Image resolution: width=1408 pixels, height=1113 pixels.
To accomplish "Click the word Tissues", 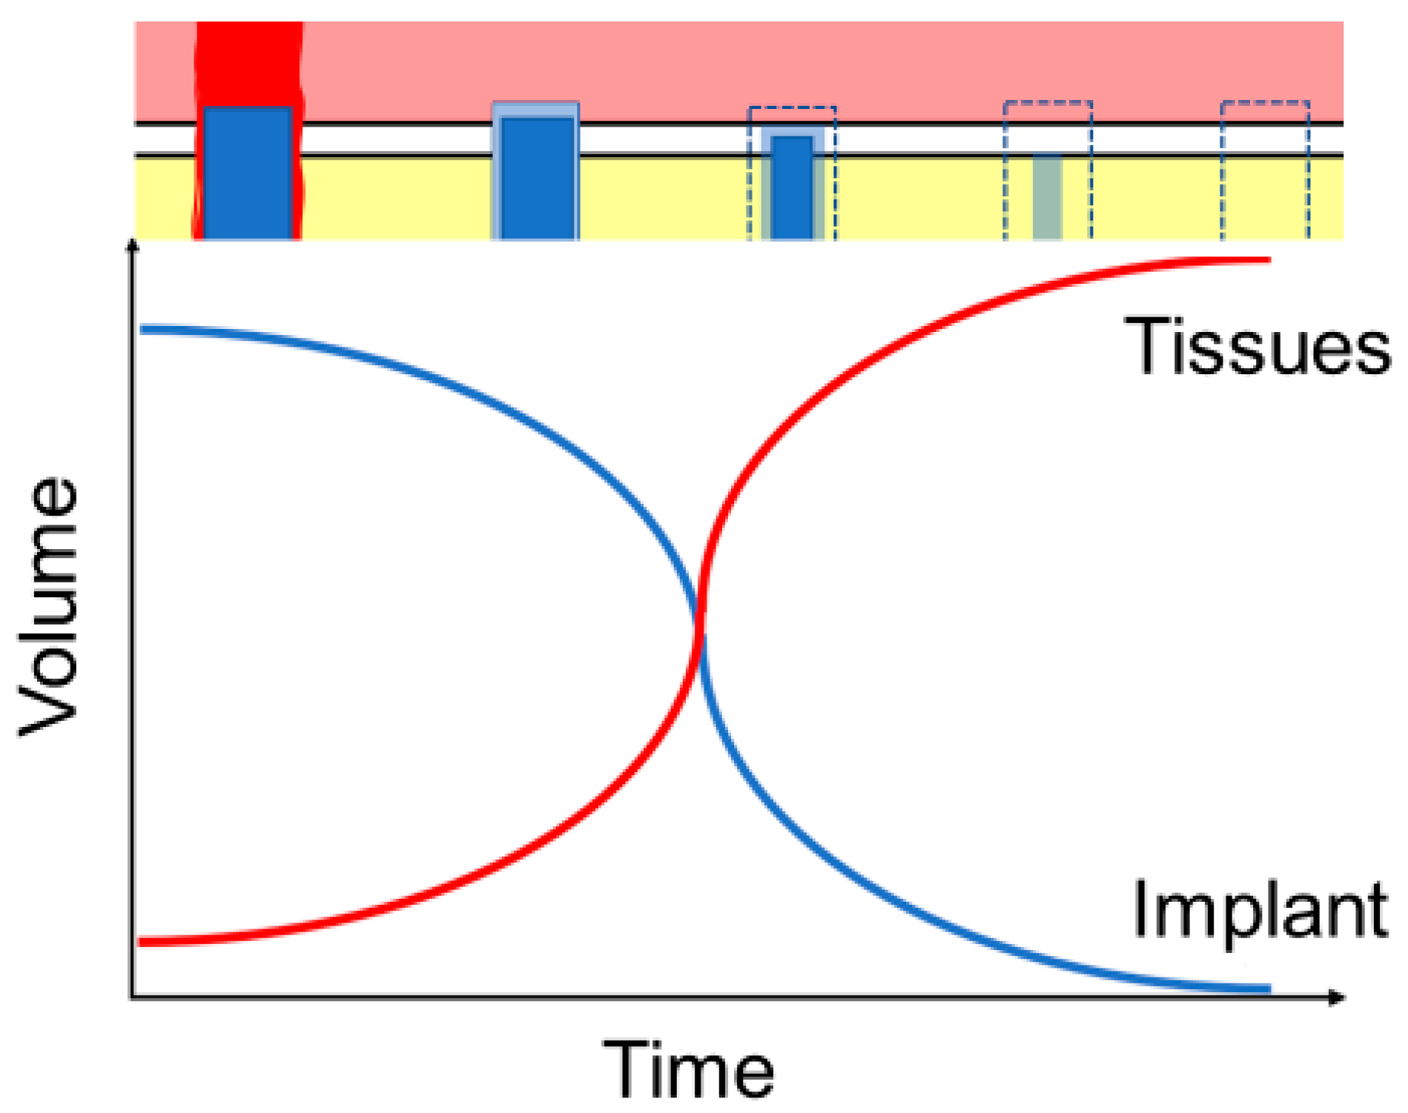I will [x=1257, y=346].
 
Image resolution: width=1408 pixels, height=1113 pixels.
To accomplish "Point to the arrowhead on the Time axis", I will [x=1337, y=997].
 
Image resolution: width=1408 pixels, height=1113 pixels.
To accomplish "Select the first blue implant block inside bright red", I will [x=248, y=173].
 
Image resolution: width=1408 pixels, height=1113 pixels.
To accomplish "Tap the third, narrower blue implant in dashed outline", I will [x=793, y=187].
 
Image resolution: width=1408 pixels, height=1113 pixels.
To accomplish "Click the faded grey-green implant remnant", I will [x=1047, y=196].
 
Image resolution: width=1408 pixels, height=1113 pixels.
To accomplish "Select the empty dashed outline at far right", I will [x=1265, y=170].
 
